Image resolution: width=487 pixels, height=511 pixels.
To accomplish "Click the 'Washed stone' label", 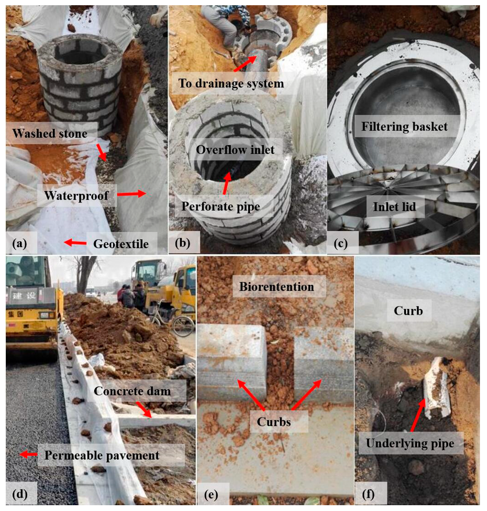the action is (50, 133).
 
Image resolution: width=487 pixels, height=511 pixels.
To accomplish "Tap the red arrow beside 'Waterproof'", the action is (131, 194).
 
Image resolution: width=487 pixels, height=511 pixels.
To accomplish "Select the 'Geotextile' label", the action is (121, 244).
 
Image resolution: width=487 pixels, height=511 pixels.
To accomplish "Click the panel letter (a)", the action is (20, 243).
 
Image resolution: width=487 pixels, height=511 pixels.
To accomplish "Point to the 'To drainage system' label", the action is (231, 84).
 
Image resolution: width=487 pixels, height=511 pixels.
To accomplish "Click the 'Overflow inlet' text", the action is (235, 150).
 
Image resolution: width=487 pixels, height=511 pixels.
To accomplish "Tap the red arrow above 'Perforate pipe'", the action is (227, 183).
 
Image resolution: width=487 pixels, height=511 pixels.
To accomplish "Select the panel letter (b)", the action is (183, 243).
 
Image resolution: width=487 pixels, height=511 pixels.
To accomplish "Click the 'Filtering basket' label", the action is (404, 126).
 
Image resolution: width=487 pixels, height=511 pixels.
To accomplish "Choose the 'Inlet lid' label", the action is (394, 207).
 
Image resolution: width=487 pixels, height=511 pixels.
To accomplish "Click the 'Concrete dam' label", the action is (132, 391).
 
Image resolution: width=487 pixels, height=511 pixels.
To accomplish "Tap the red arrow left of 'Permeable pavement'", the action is (28, 454).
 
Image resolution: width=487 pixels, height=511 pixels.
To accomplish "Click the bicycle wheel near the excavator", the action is (183, 326).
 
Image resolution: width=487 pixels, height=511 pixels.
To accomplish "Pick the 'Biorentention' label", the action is (276, 287).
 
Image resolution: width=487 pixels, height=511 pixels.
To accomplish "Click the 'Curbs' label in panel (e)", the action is (274, 422).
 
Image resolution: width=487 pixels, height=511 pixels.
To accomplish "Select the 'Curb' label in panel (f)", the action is (408, 311).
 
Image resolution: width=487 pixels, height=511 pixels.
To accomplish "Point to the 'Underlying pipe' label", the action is (410, 443).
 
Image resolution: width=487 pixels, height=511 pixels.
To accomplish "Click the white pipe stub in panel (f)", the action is (437, 388).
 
